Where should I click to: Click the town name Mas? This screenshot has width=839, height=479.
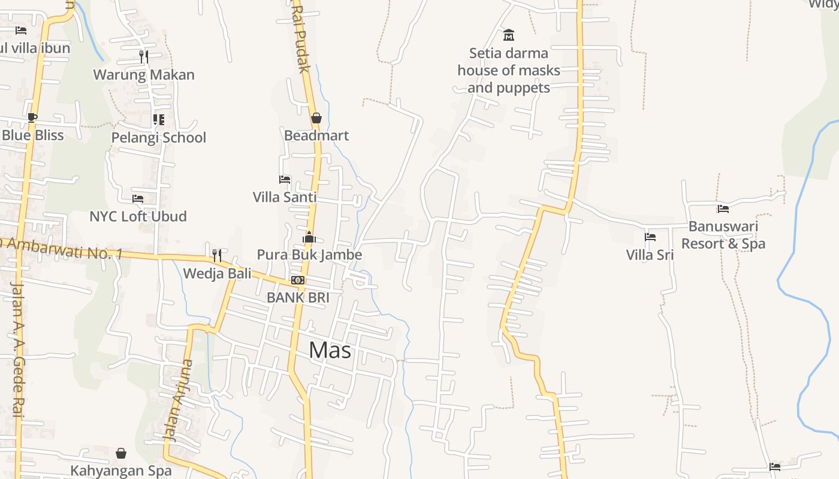coord(330,350)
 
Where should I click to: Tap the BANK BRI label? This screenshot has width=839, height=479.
coord(298,297)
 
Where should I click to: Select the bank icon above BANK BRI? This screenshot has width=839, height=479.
coord(298,280)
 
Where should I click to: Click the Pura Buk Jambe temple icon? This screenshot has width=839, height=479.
coord(309,237)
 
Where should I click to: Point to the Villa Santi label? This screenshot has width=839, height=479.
coord(285,197)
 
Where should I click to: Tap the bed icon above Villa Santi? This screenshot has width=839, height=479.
coord(285,180)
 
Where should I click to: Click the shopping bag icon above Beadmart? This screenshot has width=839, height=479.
coord(316,118)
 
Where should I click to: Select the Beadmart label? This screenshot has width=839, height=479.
coord(316,135)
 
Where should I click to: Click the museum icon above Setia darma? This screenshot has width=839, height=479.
coord(509,35)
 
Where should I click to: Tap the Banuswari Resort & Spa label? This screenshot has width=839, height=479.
coord(723,235)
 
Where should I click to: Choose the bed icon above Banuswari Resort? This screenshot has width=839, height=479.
coord(723,209)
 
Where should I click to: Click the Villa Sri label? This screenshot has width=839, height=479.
coord(650,255)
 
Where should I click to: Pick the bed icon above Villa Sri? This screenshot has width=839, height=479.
coord(650,237)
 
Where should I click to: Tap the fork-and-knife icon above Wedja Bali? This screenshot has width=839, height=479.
coord(217,256)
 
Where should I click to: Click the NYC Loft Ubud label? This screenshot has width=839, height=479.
coord(138,216)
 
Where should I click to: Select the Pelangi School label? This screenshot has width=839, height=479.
coord(159,138)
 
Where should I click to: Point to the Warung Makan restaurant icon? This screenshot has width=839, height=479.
coord(144,57)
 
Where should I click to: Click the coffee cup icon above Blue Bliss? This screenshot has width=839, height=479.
coord(32,117)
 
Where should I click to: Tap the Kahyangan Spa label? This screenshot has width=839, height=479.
coord(121,471)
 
